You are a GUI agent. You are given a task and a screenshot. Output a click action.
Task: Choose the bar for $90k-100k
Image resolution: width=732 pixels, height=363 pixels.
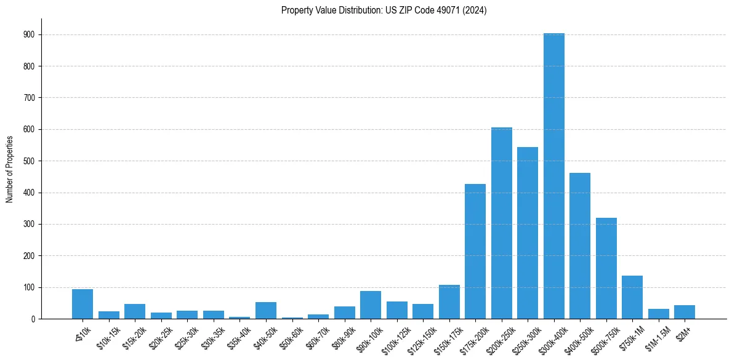(x=371, y=305)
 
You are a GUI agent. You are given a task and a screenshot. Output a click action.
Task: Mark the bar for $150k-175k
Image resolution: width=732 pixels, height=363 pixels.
(x=449, y=301)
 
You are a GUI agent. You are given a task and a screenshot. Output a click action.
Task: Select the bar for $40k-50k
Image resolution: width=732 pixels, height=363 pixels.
(x=266, y=310)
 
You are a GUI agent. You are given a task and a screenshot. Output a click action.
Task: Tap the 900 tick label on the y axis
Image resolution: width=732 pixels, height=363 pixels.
(x=28, y=35)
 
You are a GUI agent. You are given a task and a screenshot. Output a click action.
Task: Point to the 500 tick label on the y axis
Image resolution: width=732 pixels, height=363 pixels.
(x=28, y=161)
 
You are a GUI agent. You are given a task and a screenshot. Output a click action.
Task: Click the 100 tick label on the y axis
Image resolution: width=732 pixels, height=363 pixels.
(x=28, y=287)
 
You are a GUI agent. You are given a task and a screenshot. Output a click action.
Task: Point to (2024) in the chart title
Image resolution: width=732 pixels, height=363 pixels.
(x=475, y=10)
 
